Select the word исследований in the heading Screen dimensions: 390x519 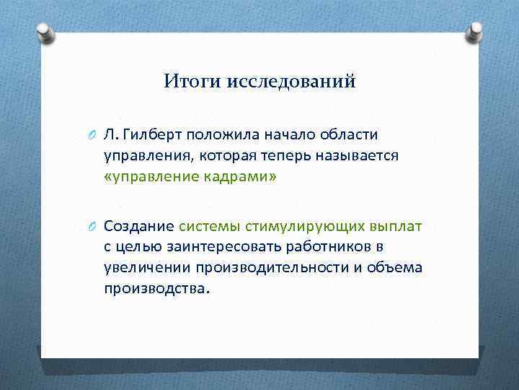point(291,82)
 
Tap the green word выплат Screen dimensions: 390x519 point(396,226)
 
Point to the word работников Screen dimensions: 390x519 point(321,247)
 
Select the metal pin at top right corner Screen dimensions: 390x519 point(475,31)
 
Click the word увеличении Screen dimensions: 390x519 point(143,268)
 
